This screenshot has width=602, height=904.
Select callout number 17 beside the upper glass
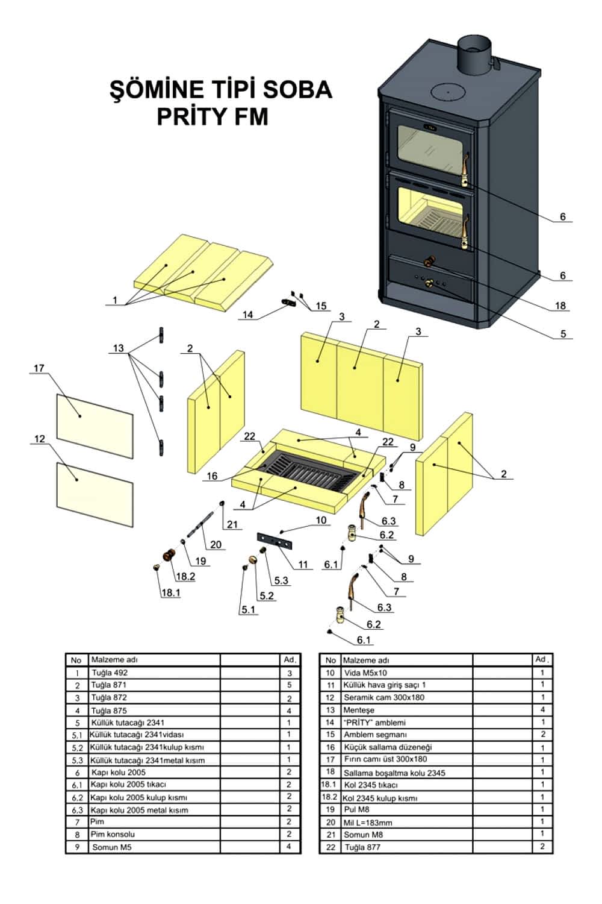(39, 368)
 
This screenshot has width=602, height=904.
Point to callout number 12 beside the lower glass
(39, 439)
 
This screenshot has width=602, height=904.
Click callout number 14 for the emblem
(248, 315)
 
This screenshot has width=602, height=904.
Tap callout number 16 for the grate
(212, 476)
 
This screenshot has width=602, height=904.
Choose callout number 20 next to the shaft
(216, 544)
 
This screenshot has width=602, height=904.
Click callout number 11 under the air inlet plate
(303, 565)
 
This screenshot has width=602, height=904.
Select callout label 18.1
(170, 592)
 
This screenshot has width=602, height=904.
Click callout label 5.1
(248, 609)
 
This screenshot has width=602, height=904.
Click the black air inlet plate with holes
(276, 541)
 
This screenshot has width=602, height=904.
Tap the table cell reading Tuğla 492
(110, 673)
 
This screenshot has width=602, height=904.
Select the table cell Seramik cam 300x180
(383, 697)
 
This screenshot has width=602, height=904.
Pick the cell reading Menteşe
(358, 710)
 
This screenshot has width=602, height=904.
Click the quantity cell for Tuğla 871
(290, 685)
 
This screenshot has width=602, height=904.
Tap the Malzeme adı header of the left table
(110, 660)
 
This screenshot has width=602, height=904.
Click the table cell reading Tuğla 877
(362, 847)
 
